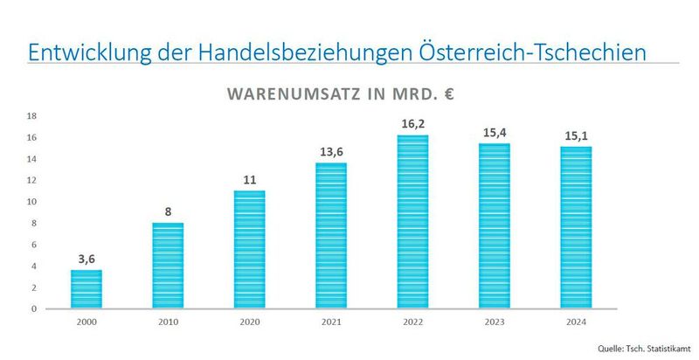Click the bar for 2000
click(86, 289)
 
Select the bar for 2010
click(168, 266)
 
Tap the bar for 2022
click(412, 222)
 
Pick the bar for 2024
click(576, 227)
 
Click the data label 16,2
click(412, 124)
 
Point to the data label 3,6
click(86, 259)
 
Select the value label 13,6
click(331, 152)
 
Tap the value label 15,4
click(495, 133)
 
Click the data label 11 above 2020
click(249, 180)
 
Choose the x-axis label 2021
click(331, 322)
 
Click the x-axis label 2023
click(495, 322)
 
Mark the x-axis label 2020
click(249, 322)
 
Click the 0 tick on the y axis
click(33, 308)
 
